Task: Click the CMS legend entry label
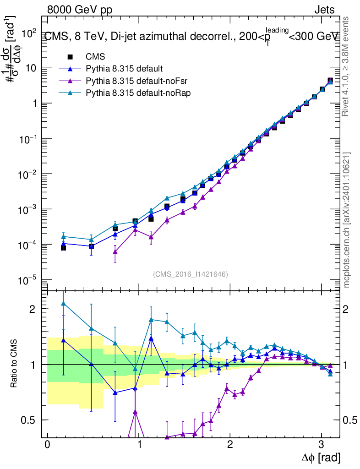(95, 57)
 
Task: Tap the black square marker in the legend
(70, 57)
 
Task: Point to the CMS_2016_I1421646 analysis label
(190, 274)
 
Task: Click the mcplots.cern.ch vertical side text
(347, 220)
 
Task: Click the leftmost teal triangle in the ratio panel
(63, 303)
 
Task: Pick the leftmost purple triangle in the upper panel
(115, 252)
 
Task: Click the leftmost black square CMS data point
(63, 248)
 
